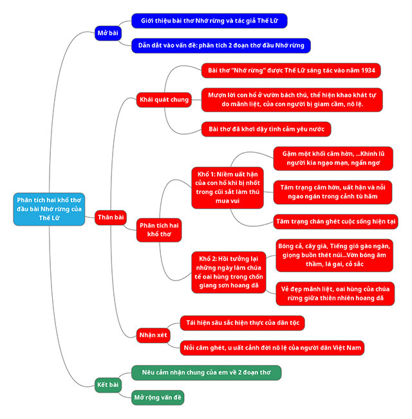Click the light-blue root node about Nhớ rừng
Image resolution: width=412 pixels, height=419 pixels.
49,209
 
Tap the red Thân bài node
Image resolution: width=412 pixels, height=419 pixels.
111,218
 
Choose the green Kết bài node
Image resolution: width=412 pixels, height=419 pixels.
108,385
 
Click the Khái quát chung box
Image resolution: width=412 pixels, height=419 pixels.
164,99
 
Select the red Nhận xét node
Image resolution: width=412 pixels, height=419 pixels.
153,335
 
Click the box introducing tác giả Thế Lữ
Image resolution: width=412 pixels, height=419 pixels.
209,21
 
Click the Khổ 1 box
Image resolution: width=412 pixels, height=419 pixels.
227,187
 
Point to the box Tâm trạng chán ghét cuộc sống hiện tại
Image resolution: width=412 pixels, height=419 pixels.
335,221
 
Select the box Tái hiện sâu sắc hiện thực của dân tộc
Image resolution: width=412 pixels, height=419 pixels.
241,322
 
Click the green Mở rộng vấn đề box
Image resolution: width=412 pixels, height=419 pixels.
157,397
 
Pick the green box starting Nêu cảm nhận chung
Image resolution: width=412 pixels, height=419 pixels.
206,373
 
